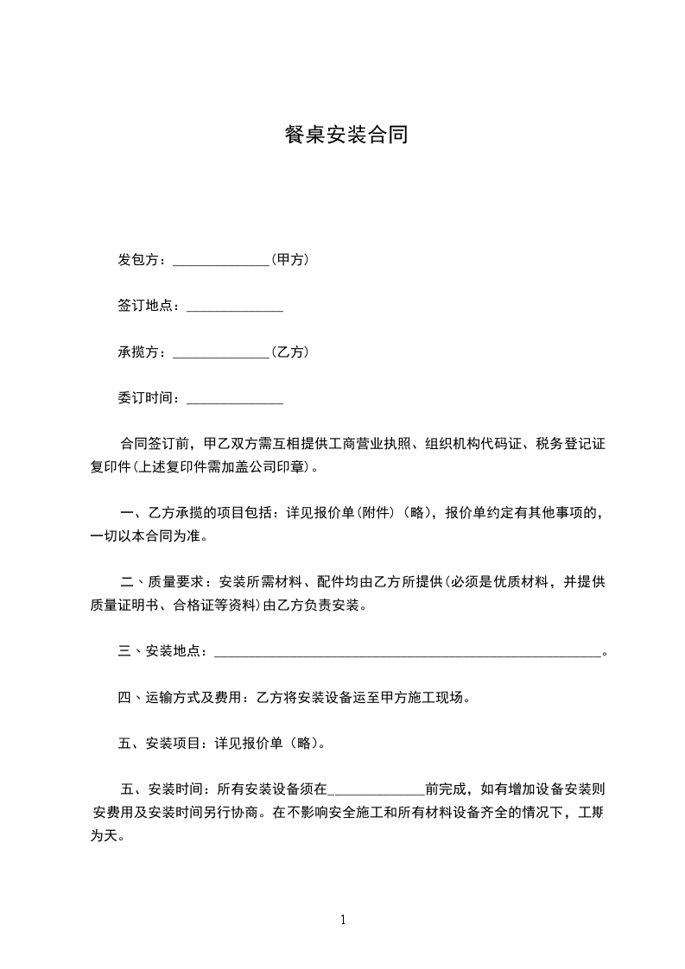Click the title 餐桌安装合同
click(x=346, y=135)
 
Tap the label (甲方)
click(x=290, y=259)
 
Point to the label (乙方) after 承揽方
click(x=290, y=352)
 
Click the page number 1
click(x=343, y=920)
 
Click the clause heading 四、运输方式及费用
click(x=181, y=698)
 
